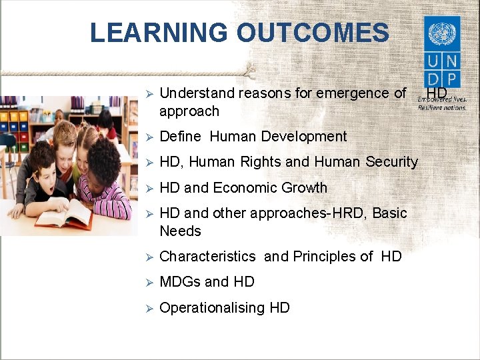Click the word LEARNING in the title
point(158,33)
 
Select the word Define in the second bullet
point(180,137)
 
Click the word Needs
point(180,231)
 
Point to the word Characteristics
point(207,257)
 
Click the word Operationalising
point(213,307)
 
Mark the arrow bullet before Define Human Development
point(150,137)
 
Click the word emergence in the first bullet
point(344,93)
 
